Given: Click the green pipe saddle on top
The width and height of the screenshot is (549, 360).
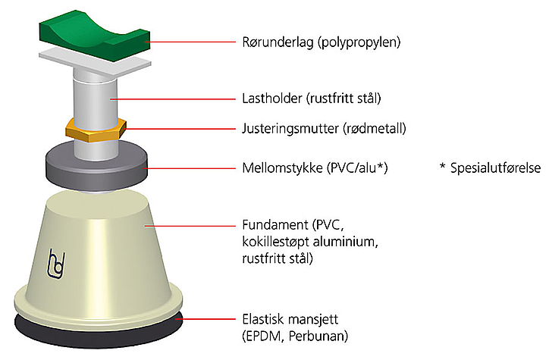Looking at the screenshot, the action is (95, 39).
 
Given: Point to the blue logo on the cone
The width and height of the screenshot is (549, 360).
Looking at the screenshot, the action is (56, 265).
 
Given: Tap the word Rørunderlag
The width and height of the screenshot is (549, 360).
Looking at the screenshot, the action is (278, 42).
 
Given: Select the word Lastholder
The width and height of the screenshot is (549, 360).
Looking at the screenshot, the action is (272, 99).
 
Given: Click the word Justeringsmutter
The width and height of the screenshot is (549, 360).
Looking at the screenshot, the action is (290, 129).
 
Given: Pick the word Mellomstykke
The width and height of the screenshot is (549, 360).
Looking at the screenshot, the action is (283, 168).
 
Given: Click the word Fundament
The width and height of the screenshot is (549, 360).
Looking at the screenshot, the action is (275, 224).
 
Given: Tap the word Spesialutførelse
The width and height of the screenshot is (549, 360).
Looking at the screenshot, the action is (495, 168).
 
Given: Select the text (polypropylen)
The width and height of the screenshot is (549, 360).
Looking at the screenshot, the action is (359, 42).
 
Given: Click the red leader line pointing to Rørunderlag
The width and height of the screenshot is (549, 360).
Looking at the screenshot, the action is (190, 42).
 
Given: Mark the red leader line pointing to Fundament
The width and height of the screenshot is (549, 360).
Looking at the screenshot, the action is (190, 226).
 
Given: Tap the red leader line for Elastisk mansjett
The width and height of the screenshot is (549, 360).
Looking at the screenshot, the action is (205, 319).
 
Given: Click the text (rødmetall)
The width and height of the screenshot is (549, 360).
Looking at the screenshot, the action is (374, 129).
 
